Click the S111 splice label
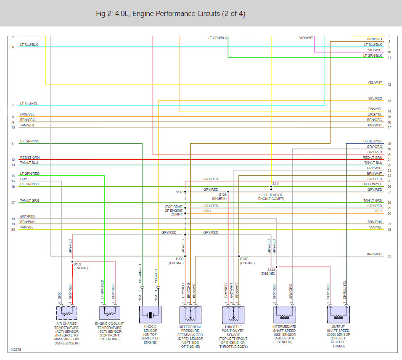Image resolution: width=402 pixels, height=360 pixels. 276,184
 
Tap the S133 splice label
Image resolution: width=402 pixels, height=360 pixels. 78,264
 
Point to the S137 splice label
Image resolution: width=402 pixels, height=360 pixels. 244,259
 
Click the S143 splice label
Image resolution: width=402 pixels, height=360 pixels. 180,192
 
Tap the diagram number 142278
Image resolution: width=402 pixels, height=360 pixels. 16,349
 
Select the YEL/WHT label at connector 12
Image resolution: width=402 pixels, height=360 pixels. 375,82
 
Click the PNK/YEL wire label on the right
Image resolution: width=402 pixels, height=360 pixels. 375,109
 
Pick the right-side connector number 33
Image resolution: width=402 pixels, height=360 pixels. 389,256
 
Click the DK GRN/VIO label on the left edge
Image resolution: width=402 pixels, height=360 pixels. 29,141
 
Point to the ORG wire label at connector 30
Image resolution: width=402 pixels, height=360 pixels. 378,211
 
